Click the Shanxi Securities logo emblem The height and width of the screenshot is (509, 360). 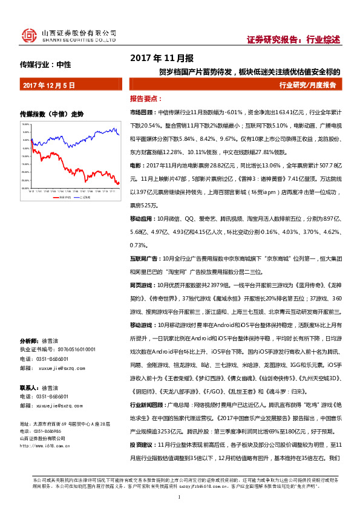click(28, 36)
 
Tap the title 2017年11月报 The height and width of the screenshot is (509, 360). click(162, 59)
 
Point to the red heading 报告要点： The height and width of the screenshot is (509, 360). click(145, 99)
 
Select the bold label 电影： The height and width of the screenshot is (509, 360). click(137, 165)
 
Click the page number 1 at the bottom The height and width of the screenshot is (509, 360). click(180, 497)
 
